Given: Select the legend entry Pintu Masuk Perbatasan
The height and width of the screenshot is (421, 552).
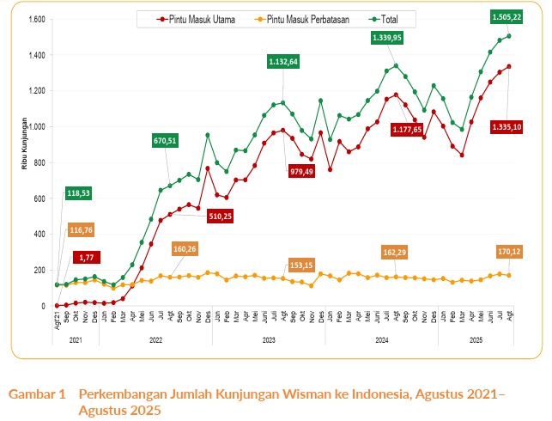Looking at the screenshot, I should [x=300, y=18].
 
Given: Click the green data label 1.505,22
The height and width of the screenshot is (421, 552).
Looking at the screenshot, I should [x=507, y=15].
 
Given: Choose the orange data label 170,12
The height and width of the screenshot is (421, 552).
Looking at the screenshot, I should [x=507, y=253].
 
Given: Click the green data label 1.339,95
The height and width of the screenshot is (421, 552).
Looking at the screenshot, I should [x=387, y=38].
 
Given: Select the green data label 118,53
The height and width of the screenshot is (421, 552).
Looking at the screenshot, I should [x=81, y=194].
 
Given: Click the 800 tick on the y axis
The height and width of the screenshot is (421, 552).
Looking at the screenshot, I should [x=39, y=162].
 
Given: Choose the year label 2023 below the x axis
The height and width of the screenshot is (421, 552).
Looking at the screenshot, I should [x=270, y=341].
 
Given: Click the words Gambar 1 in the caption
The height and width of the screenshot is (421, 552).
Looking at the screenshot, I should [x=37, y=394].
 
